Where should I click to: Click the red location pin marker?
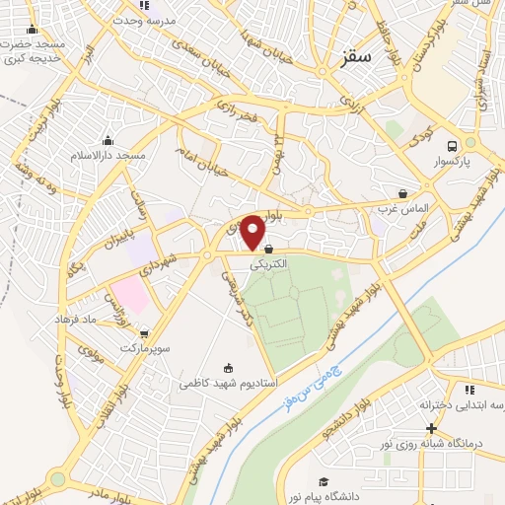tap(253, 232)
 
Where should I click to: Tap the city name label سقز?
tap(357, 58)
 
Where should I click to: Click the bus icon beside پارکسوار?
tap(453, 142)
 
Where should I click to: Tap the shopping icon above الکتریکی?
tap(268, 251)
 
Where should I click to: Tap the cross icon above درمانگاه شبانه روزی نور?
tap(431, 428)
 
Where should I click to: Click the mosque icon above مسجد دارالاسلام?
tap(108, 140)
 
